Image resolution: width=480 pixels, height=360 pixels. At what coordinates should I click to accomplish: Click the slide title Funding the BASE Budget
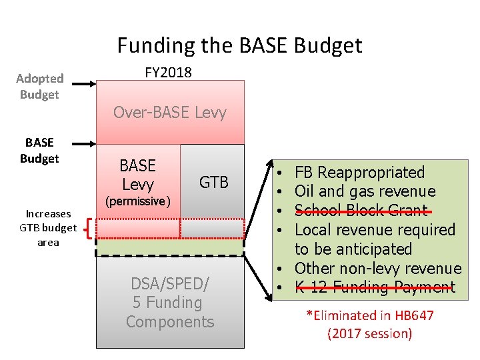[x=239, y=45]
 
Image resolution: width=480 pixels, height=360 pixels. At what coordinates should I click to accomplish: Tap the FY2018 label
[x=168, y=72]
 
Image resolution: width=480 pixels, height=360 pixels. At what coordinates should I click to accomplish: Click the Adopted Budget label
[x=39, y=87]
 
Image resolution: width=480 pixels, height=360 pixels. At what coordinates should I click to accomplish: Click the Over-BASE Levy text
[x=169, y=112]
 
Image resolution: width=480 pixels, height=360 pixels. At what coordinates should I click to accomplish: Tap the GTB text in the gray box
[x=213, y=182]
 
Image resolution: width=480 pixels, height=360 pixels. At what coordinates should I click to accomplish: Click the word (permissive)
[x=137, y=201]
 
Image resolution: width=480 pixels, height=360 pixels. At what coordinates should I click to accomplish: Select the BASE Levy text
[x=137, y=175]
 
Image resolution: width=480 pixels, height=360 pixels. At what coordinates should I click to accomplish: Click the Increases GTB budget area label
[x=47, y=228]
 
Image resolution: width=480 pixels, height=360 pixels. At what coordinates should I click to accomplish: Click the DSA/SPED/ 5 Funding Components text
[x=170, y=303]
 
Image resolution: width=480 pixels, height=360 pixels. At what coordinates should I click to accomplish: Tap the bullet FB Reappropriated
[x=359, y=173]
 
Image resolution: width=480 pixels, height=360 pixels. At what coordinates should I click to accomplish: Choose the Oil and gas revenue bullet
[x=364, y=192]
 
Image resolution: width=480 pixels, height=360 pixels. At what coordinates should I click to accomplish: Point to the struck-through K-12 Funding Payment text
[x=374, y=287]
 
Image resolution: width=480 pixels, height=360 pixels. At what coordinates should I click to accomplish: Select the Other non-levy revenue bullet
[x=377, y=268]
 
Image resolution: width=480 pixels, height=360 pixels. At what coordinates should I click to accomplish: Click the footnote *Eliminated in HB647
[x=369, y=315]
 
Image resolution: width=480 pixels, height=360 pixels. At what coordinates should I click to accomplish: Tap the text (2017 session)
[x=369, y=333]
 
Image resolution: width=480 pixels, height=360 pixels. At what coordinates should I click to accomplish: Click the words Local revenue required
[x=374, y=230]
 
